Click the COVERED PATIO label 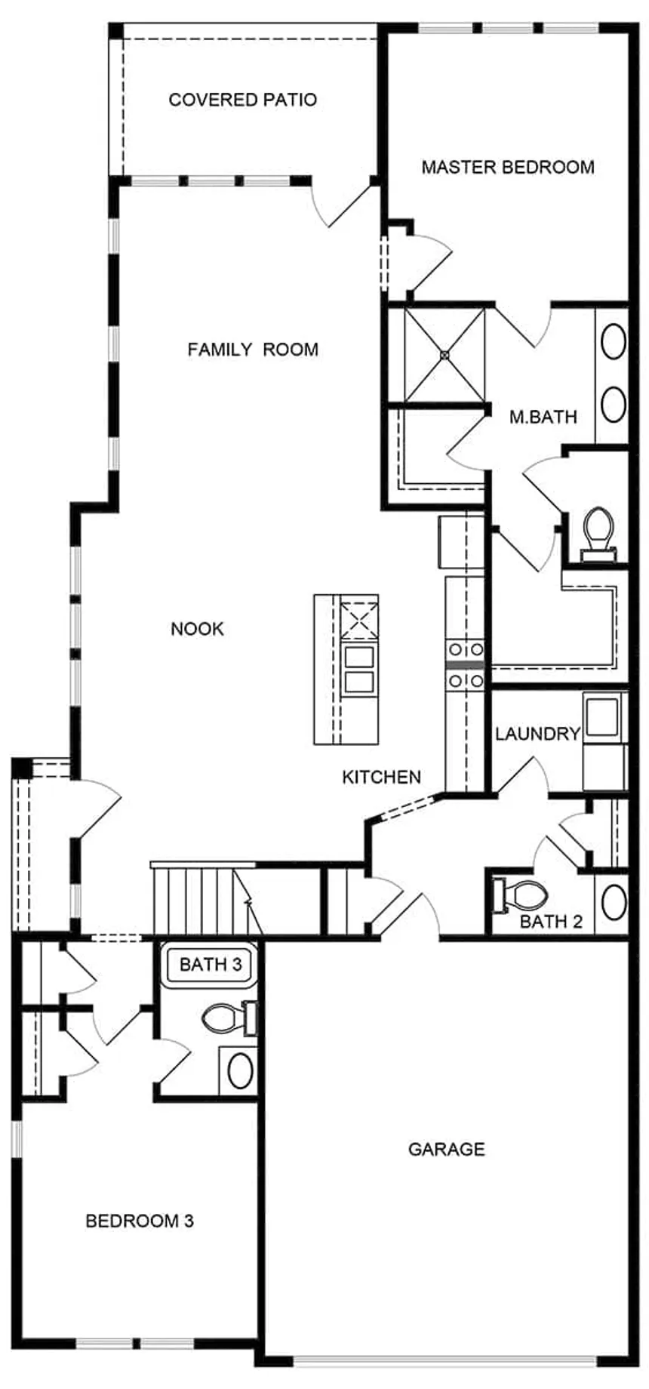[242, 100]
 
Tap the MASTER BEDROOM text [507, 167]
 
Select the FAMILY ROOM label [253, 350]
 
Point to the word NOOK [197, 629]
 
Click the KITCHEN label [381, 777]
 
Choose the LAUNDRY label [537, 733]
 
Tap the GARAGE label [446, 1149]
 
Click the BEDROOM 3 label [140, 1221]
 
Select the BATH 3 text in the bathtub [211, 964]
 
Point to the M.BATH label [543, 417]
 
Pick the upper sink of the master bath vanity [613, 342]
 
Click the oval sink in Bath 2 [614, 902]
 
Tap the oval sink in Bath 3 [240, 1070]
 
